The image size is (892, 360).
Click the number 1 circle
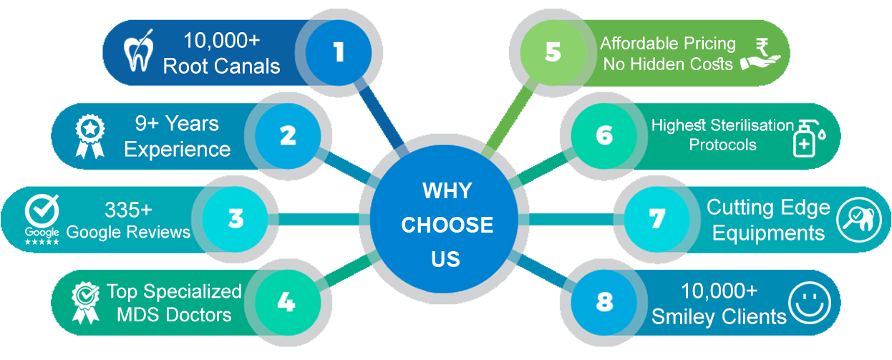point(338,52)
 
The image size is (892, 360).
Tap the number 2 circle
point(288,135)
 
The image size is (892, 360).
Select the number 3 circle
point(236,218)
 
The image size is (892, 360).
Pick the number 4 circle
point(286,302)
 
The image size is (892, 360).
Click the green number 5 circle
point(552,52)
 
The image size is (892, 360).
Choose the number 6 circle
point(603,135)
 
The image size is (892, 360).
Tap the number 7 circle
point(656,218)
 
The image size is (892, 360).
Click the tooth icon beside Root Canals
point(139,54)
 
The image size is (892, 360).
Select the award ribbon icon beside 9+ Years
point(90,136)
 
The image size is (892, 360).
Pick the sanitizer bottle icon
point(808,135)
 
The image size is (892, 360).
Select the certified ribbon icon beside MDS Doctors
point(85,302)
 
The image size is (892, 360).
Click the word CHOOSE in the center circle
point(447,225)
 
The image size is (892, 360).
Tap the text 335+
point(128,210)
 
